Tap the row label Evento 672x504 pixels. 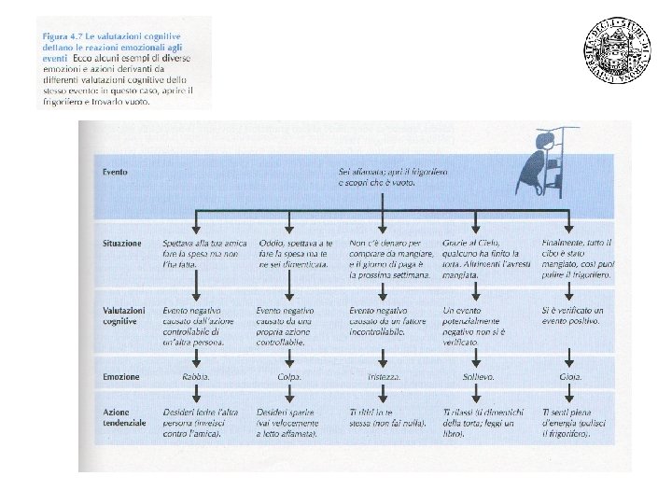point(116,173)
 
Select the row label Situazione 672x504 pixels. point(121,243)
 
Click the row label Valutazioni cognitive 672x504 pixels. point(124,315)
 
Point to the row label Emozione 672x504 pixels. point(121,377)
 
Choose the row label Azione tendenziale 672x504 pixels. point(125,417)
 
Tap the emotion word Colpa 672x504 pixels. point(288,377)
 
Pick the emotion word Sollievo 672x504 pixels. point(478,377)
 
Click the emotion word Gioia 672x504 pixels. point(569,377)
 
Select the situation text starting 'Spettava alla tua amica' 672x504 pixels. point(201,253)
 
